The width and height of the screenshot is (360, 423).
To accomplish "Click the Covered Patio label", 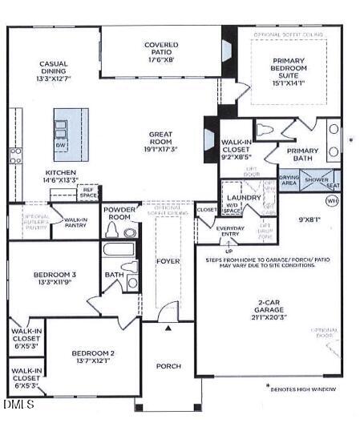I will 161,51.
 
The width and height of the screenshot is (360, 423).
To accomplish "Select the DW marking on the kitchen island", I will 61,146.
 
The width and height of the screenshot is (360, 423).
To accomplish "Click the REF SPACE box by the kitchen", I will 88,193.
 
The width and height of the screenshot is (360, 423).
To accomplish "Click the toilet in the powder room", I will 129,232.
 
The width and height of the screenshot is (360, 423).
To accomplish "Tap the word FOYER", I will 168,260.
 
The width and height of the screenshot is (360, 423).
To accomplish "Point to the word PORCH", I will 168,366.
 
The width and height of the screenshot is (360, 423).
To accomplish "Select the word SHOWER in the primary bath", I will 313,181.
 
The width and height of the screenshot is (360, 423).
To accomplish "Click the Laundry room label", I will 239,195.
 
